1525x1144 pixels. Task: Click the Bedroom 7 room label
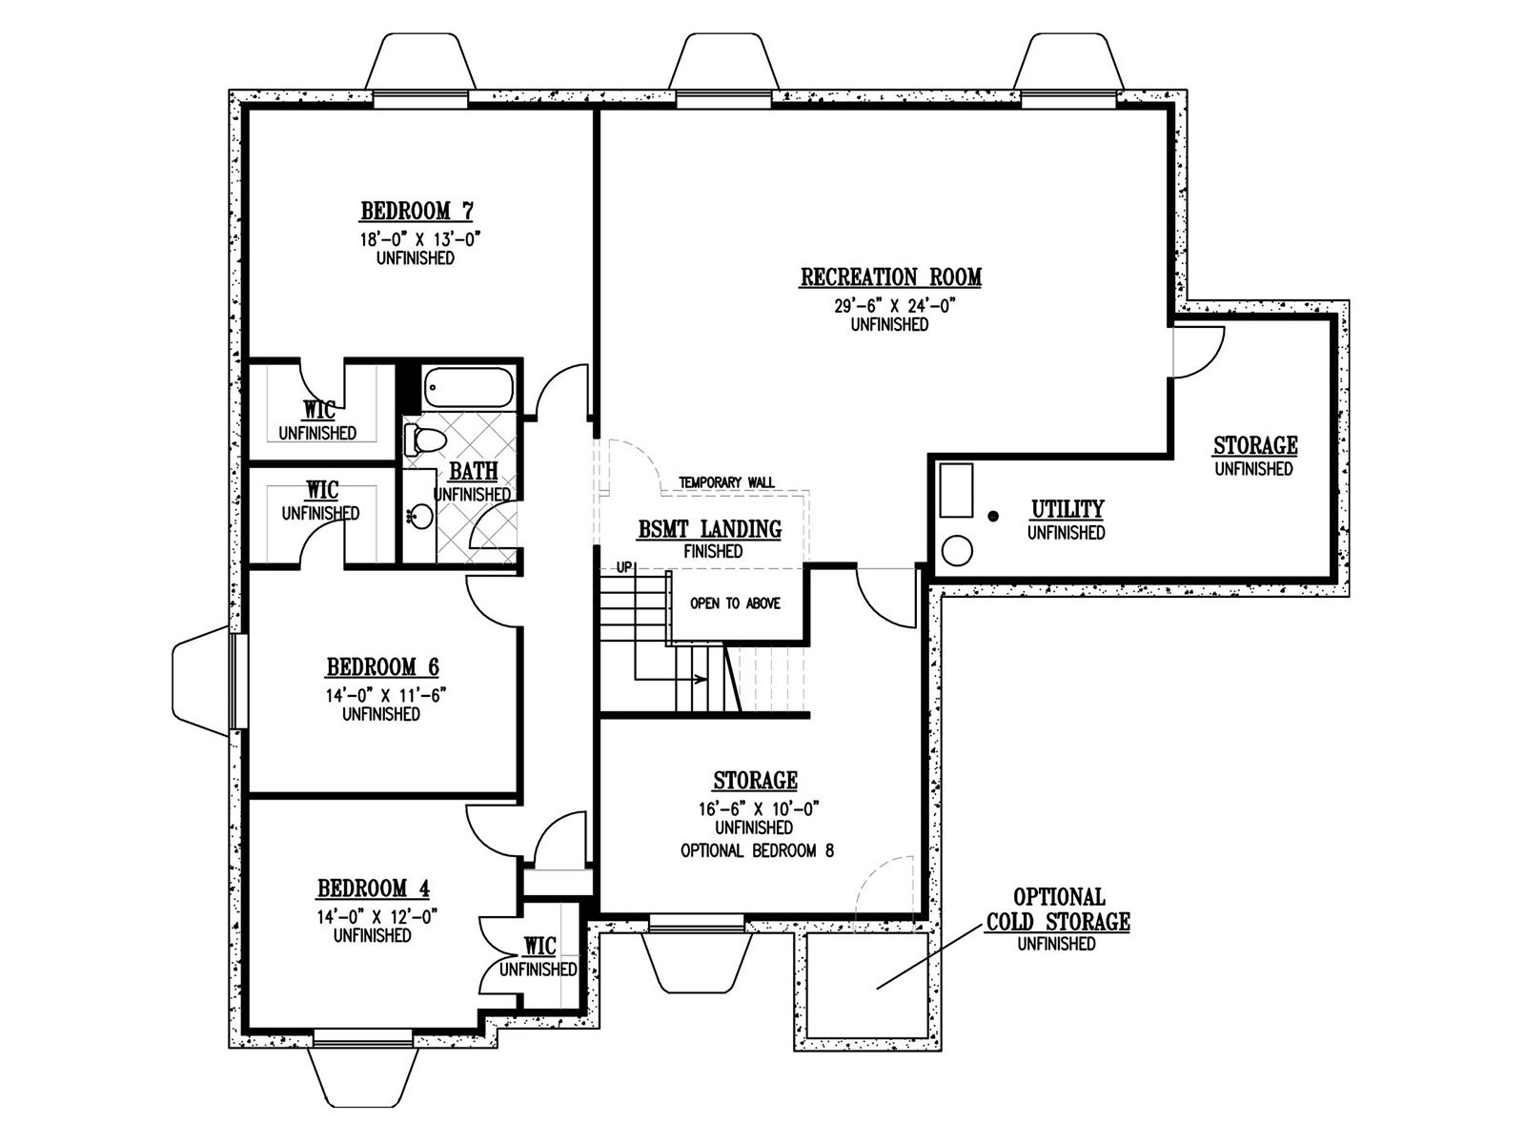click(x=417, y=211)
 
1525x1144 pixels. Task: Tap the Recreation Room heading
click(x=890, y=276)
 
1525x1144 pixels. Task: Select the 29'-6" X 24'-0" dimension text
click(x=890, y=306)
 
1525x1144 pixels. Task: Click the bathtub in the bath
click(x=469, y=387)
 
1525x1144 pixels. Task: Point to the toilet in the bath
click(x=424, y=439)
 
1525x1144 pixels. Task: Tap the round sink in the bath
click(x=419, y=516)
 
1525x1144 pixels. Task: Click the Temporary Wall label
click(x=726, y=482)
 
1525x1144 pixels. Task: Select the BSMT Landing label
click(x=709, y=529)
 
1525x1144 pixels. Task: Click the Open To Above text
click(x=735, y=603)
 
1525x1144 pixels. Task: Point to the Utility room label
click(x=1067, y=509)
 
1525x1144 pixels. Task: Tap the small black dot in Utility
click(x=993, y=516)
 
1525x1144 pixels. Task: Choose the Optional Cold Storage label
click(x=1058, y=909)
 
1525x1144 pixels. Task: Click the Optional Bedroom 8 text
click(x=758, y=850)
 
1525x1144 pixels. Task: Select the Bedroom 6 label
click(x=383, y=666)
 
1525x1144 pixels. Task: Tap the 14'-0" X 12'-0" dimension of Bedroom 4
click(x=377, y=917)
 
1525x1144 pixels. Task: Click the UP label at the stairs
click(x=624, y=567)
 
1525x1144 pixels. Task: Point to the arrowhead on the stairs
click(x=702, y=679)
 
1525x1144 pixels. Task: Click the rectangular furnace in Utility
click(x=957, y=490)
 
